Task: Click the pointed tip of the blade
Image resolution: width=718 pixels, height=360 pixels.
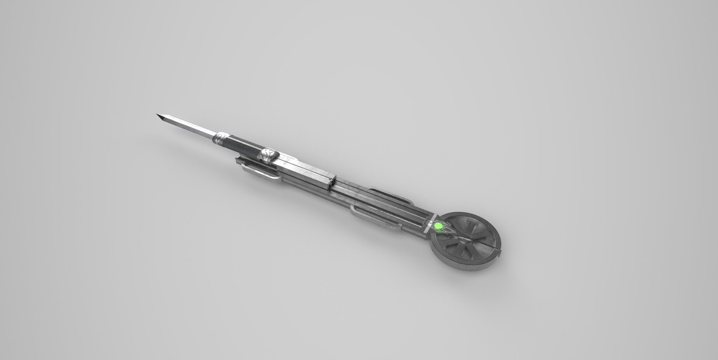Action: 157,115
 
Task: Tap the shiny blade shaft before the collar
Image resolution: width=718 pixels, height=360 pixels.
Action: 190,127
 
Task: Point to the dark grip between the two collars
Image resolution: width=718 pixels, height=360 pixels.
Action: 244,147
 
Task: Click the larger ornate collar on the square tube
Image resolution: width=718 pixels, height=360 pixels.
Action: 269,156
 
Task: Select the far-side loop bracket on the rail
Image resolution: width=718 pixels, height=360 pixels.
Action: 390,196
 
